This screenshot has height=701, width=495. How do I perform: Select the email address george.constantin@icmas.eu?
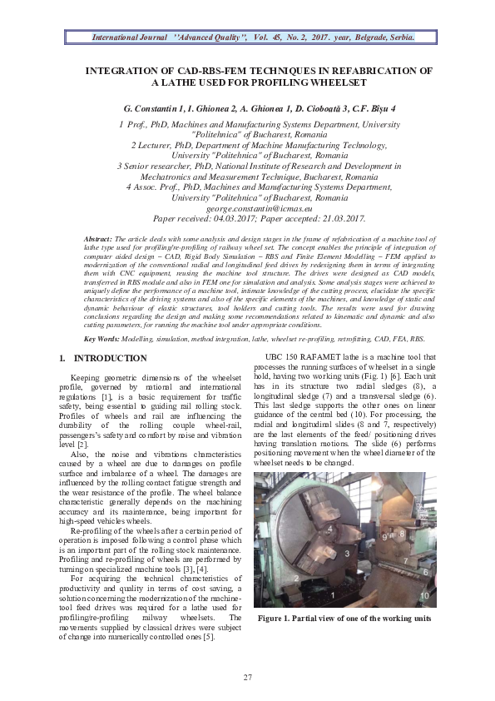tap(247, 208)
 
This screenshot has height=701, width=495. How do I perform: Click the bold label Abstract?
tap(103, 240)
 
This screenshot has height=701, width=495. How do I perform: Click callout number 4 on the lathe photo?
tap(329, 528)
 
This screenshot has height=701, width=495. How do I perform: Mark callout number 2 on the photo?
tap(296, 577)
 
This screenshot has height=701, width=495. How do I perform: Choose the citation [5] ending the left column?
tap(210, 638)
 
